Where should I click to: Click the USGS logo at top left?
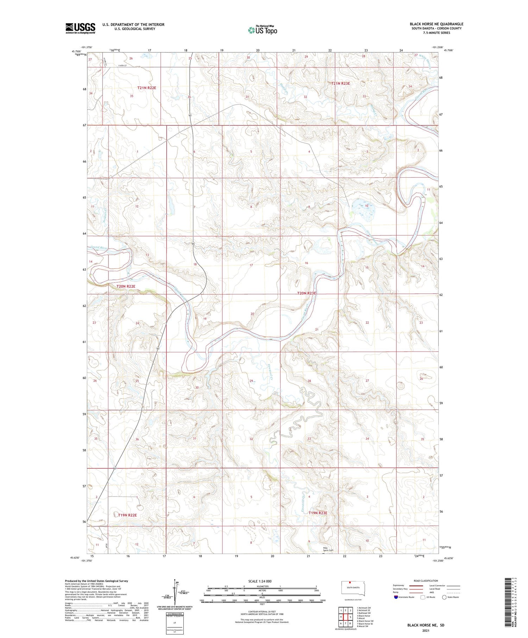[80, 28]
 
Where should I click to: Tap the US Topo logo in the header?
[263, 30]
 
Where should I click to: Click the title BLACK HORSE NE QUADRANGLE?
[436, 24]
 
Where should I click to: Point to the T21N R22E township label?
[146, 88]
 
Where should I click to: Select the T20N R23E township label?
[307, 293]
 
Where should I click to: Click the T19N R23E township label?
[318, 513]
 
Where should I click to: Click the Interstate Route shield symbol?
[396, 597]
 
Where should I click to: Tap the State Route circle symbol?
[444, 597]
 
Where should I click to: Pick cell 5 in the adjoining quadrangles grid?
[350, 617]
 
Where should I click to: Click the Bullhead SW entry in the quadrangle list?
[364, 613]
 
